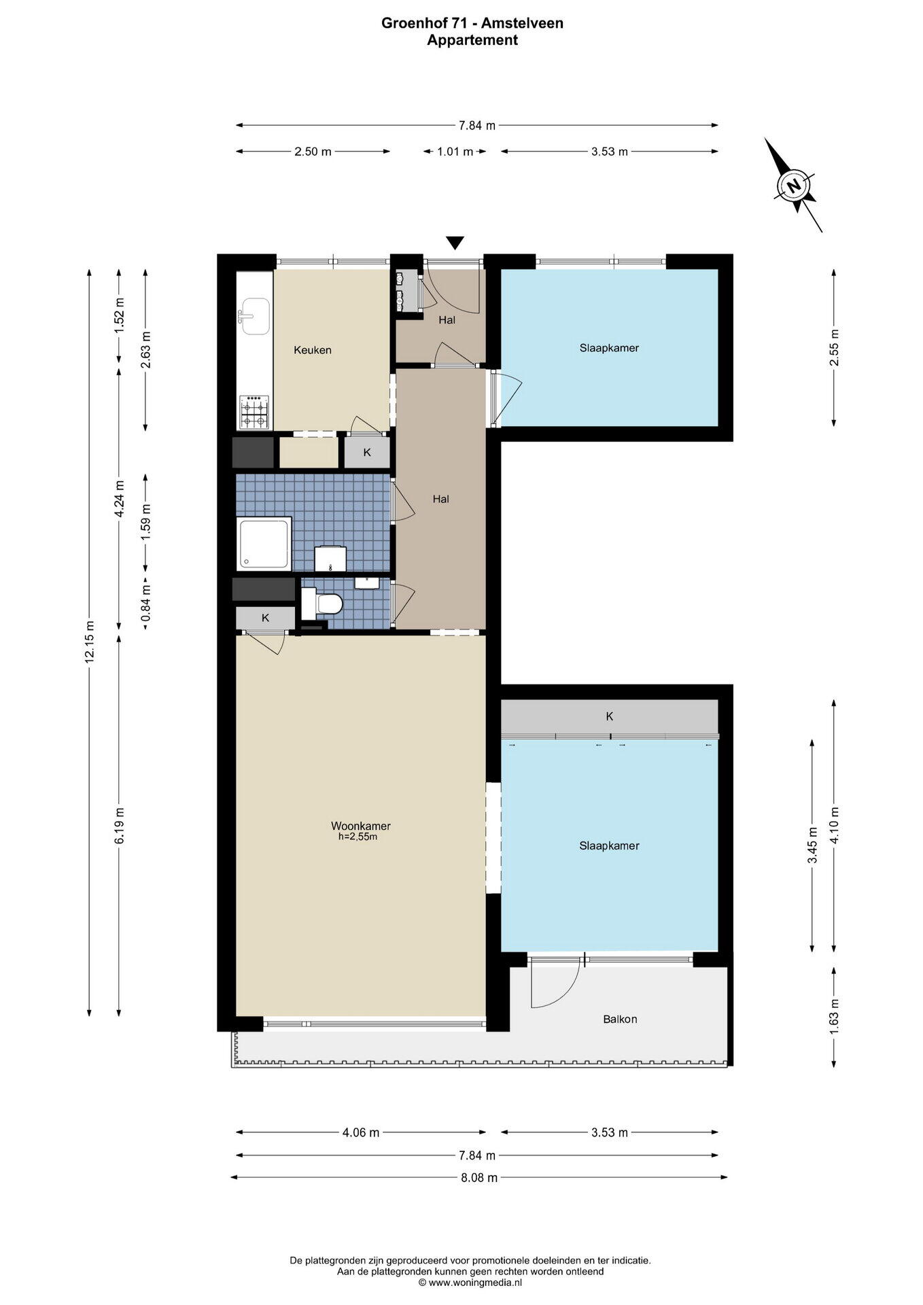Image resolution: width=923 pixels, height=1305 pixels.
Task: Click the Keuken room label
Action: point(313,350)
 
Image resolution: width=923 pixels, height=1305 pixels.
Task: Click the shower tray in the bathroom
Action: point(264,543)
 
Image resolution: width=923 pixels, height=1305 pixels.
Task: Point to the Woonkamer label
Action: point(361,826)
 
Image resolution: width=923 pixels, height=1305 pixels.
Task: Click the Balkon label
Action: point(620,1019)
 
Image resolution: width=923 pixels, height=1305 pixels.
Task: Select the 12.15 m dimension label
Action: point(89,642)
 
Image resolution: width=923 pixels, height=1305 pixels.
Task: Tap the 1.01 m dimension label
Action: point(455,152)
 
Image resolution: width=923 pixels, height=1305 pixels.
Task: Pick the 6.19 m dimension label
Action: point(119,825)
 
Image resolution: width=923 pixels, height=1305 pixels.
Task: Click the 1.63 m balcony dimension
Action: point(834,1017)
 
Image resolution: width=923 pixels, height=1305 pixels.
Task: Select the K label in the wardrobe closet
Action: point(610,716)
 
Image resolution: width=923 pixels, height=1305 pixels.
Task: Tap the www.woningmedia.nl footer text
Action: point(474,1282)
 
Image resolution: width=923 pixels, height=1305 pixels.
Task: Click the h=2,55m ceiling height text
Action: point(358,837)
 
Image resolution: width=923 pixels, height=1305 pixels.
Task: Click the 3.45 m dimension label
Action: point(812,845)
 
